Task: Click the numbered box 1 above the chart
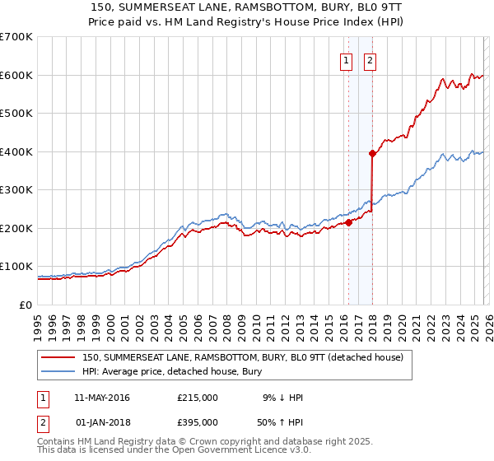point(346,60)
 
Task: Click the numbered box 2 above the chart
point(370,60)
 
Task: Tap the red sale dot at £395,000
point(372,153)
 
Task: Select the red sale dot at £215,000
point(348,221)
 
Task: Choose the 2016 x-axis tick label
point(343,321)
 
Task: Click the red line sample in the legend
point(58,357)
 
